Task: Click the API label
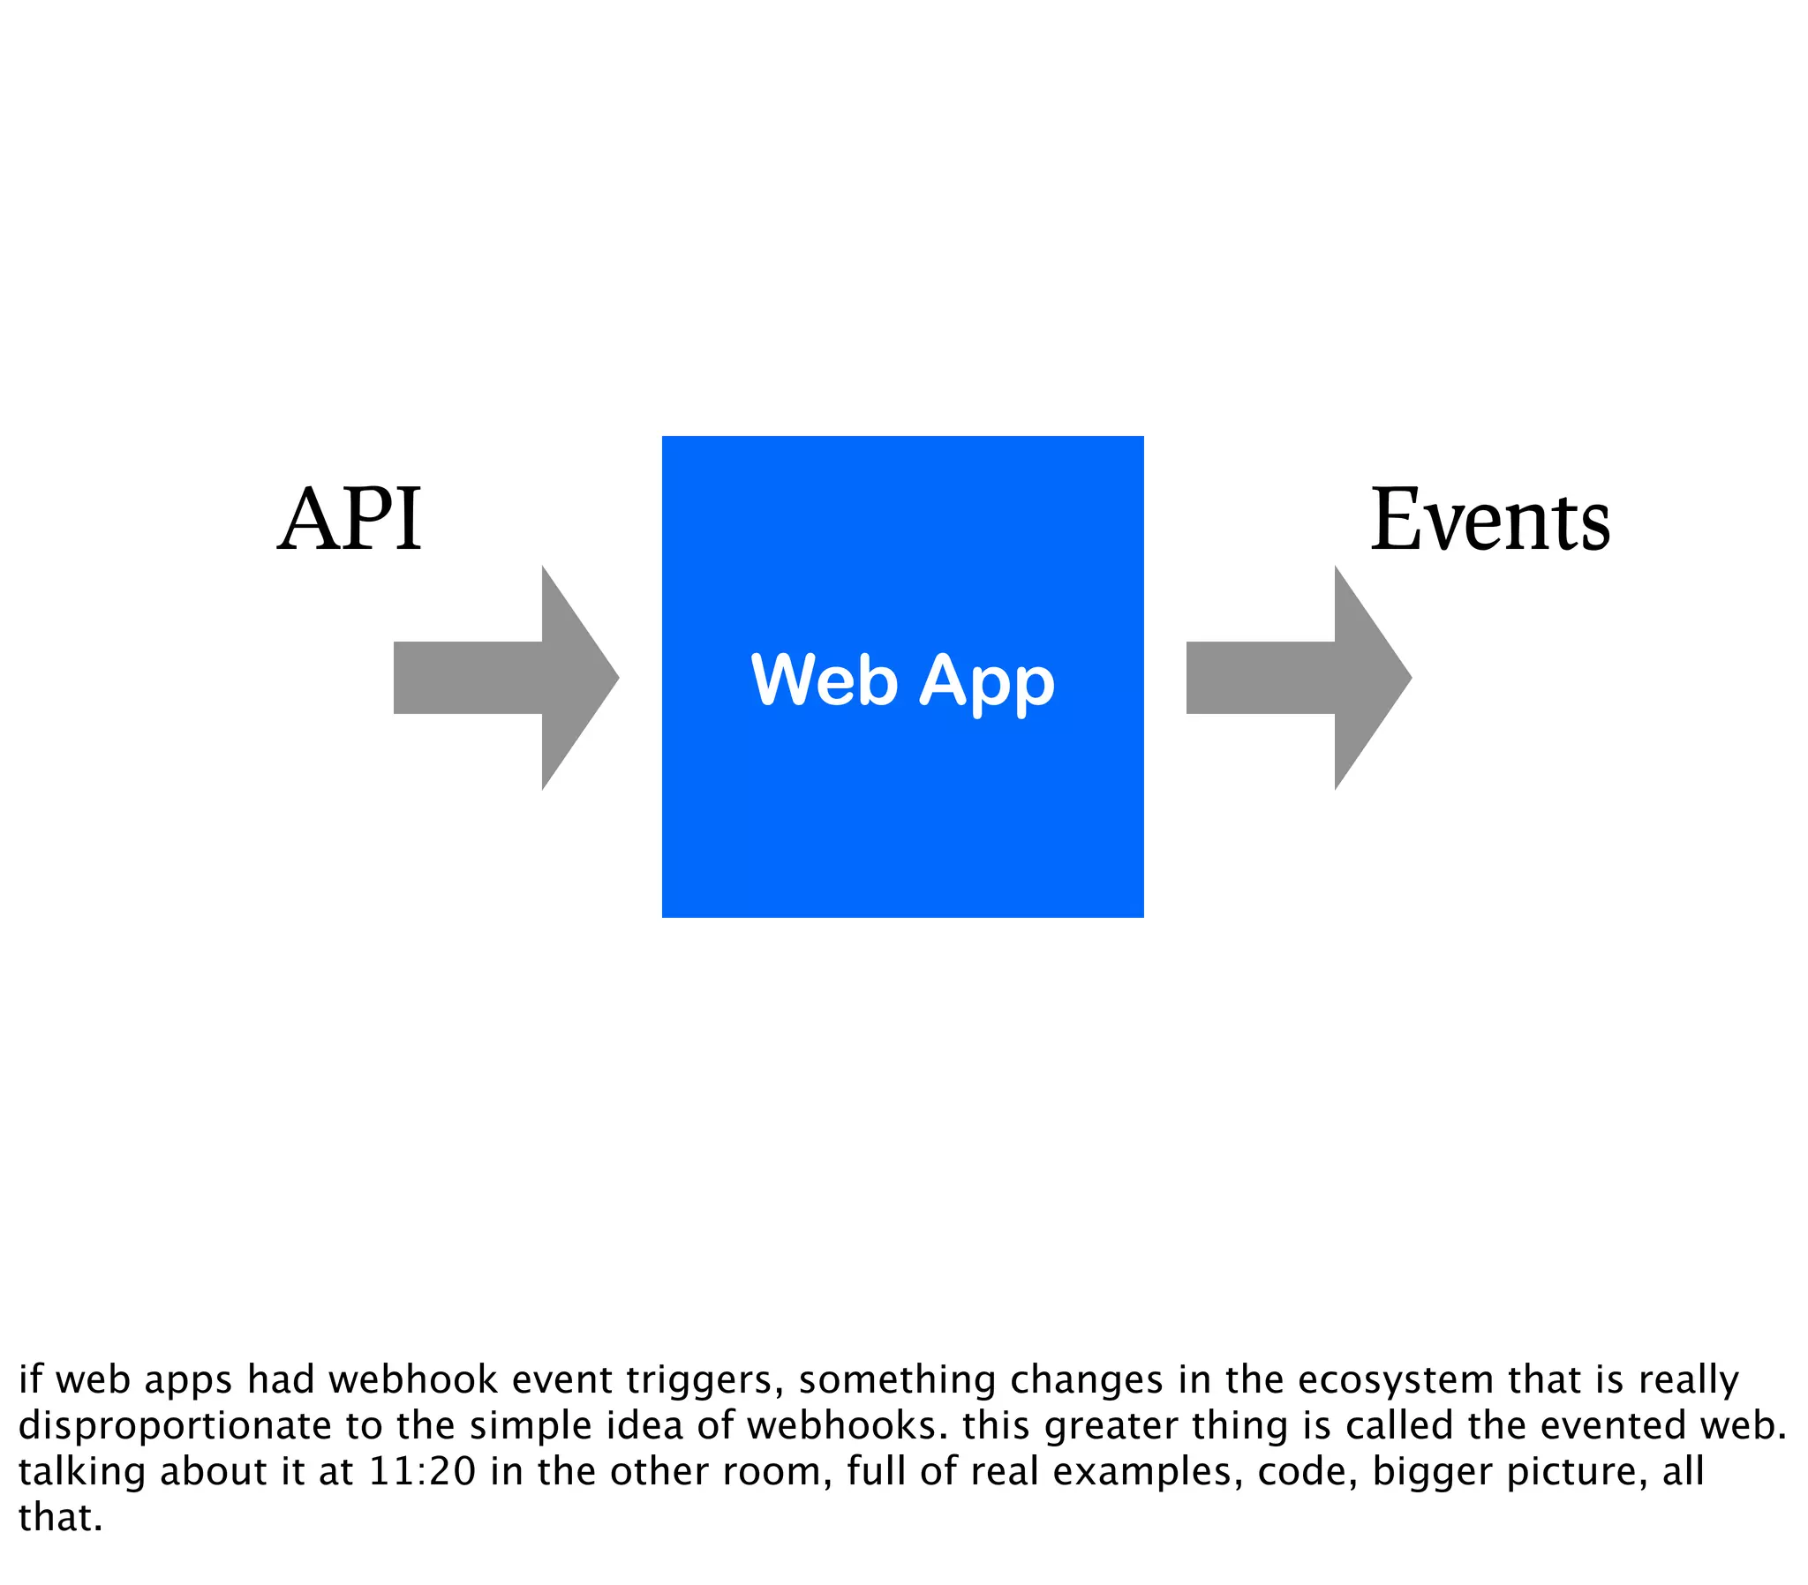(350, 519)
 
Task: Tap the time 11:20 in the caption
(422, 1472)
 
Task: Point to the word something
(897, 1380)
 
